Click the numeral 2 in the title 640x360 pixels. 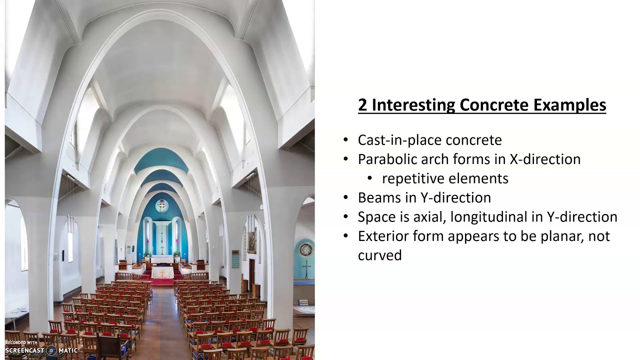pos(362,105)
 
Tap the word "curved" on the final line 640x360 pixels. pos(379,255)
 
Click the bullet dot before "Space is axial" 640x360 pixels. pos(346,217)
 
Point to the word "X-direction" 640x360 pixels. pos(545,159)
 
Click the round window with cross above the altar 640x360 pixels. pos(161,205)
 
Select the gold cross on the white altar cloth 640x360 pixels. pos(162,273)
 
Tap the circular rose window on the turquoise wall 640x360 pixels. pos(306,249)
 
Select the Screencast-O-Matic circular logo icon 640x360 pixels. pos(51,350)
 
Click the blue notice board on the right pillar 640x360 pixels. pos(235,259)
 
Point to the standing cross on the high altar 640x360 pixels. pos(161,248)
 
